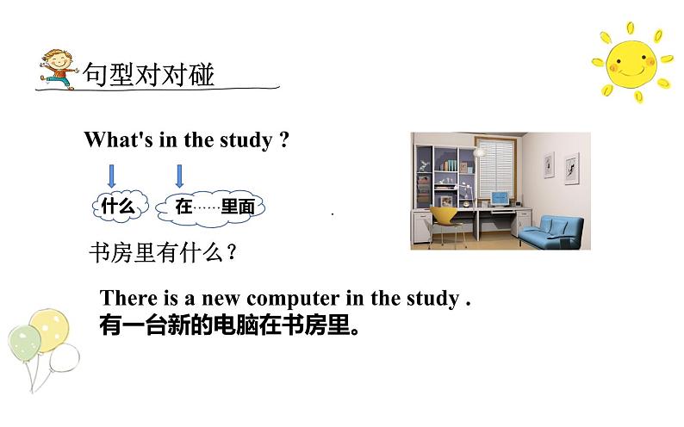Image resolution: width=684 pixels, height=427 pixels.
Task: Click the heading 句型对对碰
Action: tap(148, 75)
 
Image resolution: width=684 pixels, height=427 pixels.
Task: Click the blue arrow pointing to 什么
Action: tap(111, 175)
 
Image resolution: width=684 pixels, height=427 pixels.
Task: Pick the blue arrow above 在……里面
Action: tap(179, 175)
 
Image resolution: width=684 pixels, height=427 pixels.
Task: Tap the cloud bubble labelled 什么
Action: tap(118, 206)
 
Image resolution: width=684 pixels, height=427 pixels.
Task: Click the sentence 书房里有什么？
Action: tap(164, 253)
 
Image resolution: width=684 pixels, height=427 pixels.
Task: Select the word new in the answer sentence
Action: tap(221, 298)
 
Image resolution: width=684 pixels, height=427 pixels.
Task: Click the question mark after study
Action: tap(284, 140)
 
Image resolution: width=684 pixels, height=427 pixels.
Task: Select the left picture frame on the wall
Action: tap(547, 162)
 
